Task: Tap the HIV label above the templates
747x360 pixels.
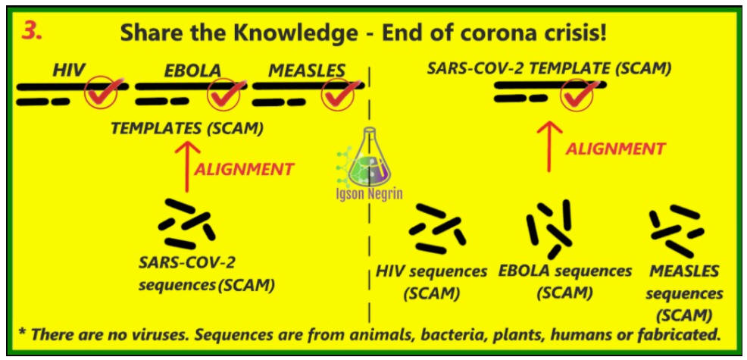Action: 69,70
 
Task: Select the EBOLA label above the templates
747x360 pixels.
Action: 192,70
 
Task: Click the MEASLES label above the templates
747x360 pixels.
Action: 306,70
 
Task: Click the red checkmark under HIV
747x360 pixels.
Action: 102,94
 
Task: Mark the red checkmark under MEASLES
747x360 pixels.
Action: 338,94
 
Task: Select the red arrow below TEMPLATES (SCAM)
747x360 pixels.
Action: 186,165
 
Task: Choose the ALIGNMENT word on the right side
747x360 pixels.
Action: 615,149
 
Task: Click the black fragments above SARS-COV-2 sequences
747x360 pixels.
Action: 186,224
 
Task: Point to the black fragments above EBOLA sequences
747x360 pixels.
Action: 549,228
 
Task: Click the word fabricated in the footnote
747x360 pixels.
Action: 676,333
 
